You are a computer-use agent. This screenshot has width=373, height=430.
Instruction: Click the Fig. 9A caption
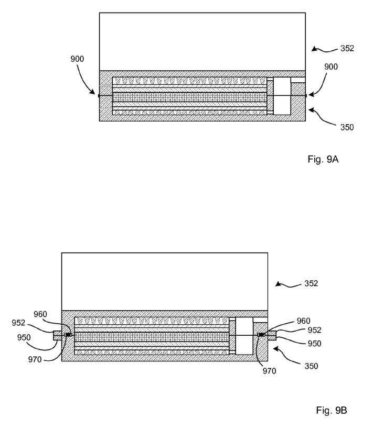coord(323,159)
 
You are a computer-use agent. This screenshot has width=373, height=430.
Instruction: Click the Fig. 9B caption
coord(332,410)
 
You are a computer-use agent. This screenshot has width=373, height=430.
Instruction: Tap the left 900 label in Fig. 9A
coord(77,59)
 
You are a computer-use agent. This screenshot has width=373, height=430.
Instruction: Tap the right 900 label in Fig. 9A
coord(331,67)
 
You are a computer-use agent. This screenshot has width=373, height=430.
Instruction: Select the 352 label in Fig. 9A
coord(347,49)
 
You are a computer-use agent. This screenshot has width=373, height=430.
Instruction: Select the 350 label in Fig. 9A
coord(347,127)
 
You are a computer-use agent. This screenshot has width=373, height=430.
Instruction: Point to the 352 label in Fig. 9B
coord(311,283)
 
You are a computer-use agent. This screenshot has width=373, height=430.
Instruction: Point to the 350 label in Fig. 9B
coord(311,366)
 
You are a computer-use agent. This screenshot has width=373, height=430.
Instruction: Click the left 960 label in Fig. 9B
coord(40,314)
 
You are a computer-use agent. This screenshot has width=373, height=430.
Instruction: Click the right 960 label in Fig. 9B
coord(304,321)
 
